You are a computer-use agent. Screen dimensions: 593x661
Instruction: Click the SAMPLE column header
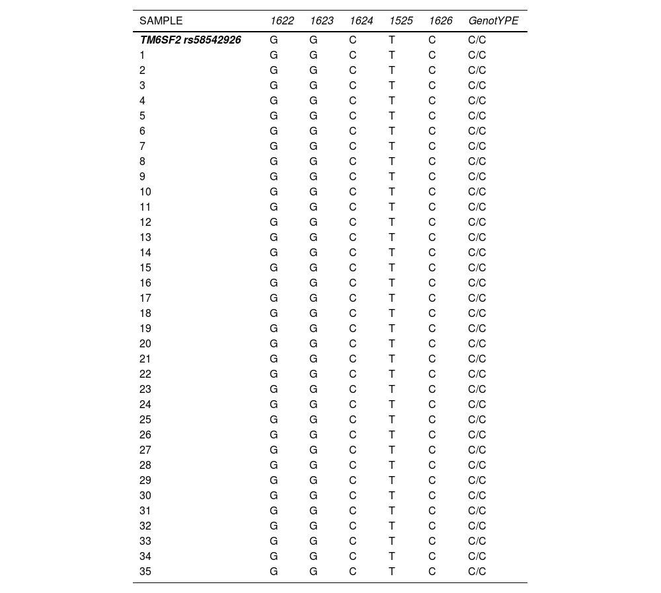pyautogui.click(x=161, y=21)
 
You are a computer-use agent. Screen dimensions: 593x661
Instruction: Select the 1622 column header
pyautogui.click(x=282, y=21)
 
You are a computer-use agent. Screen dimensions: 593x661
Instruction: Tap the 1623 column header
pyautogui.click(x=322, y=21)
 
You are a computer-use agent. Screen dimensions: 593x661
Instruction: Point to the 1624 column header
pyautogui.click(x=362, y=21)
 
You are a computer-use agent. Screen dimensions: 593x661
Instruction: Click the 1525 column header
pyautogui.click(x=401, y=21)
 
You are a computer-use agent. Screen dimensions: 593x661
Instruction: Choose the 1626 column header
pyautogui.click(x=441, y=21)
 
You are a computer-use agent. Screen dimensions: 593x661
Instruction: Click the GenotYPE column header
pyautogui.click(x=493, y=21)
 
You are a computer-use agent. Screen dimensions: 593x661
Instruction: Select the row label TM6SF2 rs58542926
pyautogui.click(x=190, y=40)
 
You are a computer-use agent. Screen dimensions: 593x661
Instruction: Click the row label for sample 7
pyautogui.click(x=143, y=146)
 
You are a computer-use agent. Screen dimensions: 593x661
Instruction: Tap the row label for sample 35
pyautogui.click(x=145, y=571)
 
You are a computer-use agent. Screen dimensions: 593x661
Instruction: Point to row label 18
pyautogui.click(x=145, y=313)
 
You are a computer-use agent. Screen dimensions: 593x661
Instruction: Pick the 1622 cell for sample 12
pyautogui.click(x=274, y=222)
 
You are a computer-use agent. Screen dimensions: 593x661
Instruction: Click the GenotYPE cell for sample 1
pyautogui.click(x=477, y=55)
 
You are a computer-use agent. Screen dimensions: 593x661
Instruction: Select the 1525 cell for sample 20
pyautogui.click(x=392, y=343)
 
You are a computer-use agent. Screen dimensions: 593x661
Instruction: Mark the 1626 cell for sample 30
pyautogui.click(x=432, y=495)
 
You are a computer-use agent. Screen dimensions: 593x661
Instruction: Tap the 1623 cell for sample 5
pyautogui.click(x=313, y=116)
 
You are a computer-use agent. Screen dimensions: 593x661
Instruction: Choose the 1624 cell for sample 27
pyautogui.click(x=353, y=450)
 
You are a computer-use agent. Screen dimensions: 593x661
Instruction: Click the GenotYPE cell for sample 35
pyautogui.click(x=477, y=571)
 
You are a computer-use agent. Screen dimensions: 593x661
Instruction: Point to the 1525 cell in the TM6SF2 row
pyautogui.click(x=392, y=40)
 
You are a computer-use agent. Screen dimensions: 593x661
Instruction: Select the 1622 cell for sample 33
pyautogui.click(x=274, y=541)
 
